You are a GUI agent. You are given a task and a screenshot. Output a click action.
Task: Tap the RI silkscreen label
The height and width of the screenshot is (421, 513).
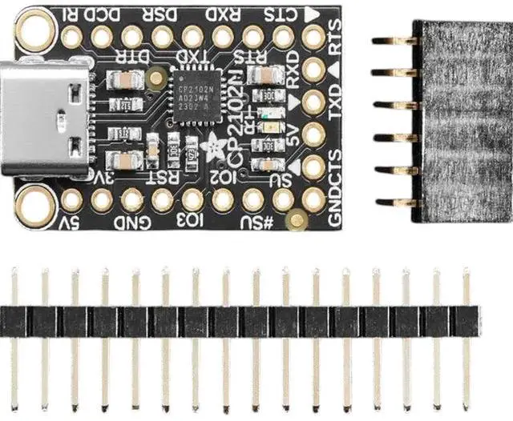point(70,14)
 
